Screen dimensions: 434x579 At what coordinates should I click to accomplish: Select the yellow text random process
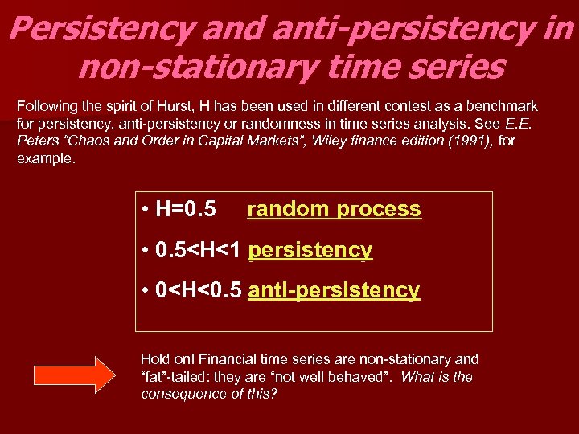(x=334, y=209)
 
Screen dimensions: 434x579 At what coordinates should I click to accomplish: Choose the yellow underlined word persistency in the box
(x=310, y=250)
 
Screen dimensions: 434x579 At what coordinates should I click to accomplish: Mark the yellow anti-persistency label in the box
(x=334, y=290)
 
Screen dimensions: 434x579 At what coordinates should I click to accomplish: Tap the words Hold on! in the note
(x=165, y=359)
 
